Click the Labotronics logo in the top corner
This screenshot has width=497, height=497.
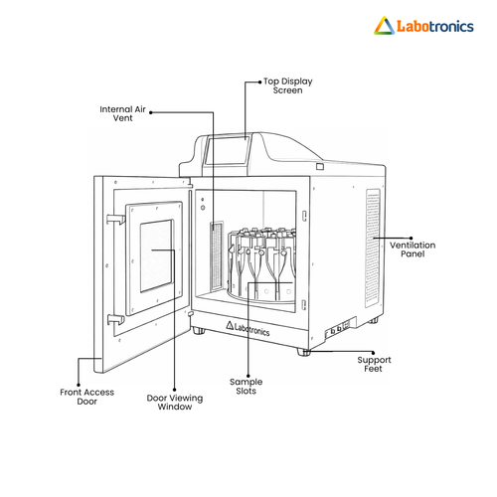coord(423,26)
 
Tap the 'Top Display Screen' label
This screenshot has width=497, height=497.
coord(288,85)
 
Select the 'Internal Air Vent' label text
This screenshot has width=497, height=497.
coord(122,113)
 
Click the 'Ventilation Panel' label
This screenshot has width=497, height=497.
coord(413,249)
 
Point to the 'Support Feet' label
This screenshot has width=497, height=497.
coord(374,364)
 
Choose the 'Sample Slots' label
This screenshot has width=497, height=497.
coord(246,387)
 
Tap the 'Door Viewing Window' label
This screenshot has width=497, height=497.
coord(175,403)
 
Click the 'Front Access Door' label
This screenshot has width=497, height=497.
coord(86,397)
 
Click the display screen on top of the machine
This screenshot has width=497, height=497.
coord(227,150)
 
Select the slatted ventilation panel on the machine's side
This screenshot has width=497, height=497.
coord(373,248)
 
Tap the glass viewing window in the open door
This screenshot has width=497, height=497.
coord(156,255)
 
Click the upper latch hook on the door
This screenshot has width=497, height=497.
coord(115,219)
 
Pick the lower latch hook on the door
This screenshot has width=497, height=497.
coord(116,319)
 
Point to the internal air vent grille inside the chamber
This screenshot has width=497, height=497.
coord(217,256)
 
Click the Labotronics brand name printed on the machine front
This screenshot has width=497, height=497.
coord(248,328)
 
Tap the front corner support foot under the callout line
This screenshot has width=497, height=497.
coord(303,352)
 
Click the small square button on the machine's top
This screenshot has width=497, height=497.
coord(320,166)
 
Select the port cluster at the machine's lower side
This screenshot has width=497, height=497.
coord(337,329)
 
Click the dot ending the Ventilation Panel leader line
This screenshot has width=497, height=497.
coord(412,238)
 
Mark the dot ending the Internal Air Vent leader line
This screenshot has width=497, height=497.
coord(151,112)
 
